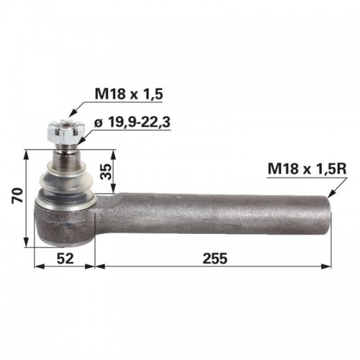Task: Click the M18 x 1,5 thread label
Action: (x=129, y=94)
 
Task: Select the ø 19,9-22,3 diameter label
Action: (x=132, y=122)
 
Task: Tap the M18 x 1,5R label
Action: (x=307, y=168)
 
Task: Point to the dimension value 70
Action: (x=17, y=196)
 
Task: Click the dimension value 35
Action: (x=107, y=171)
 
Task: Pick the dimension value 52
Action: (x=65, y=258)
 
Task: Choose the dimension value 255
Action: (x=215, y=258)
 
